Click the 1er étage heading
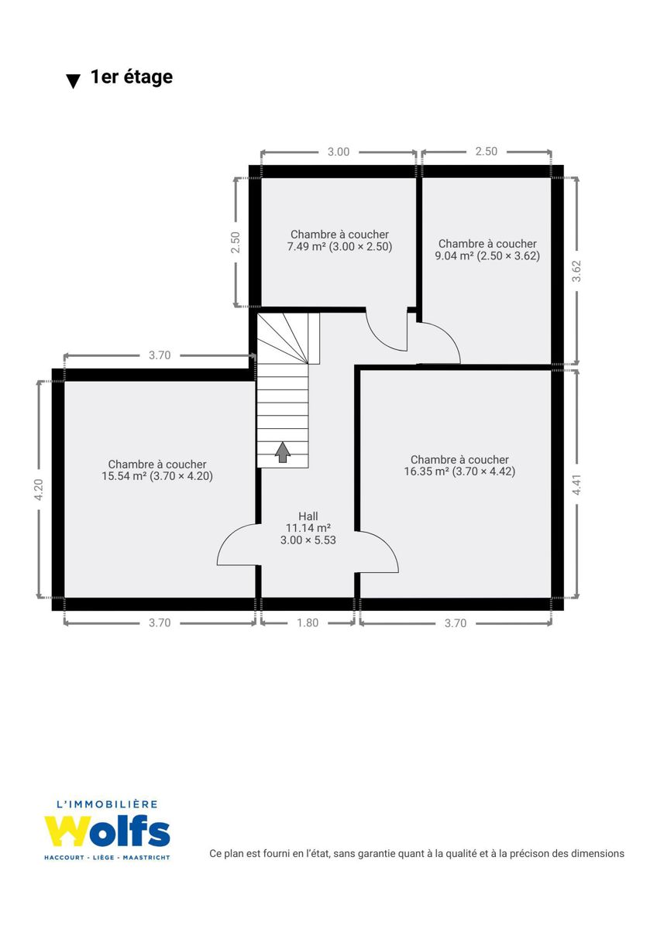tap(132, 77)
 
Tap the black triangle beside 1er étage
tap(74, 81)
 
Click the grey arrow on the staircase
tap(283, 452)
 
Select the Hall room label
tap(308, 516)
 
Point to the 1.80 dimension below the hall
tap(308, 623)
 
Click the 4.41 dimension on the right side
tap(576, 485)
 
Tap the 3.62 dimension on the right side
tap(576, 271)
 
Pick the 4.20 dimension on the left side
tap(39, 489)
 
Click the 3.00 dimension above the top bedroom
tap(339, 152)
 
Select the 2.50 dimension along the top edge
tap(487, 152)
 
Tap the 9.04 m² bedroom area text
tap(454, 256)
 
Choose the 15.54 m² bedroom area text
tap(124, 476)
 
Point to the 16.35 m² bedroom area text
tap(427, 471)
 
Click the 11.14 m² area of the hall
tap(308, 528)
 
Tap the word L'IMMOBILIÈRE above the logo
tap(107, 804)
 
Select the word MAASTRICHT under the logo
tap(146, 857)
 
